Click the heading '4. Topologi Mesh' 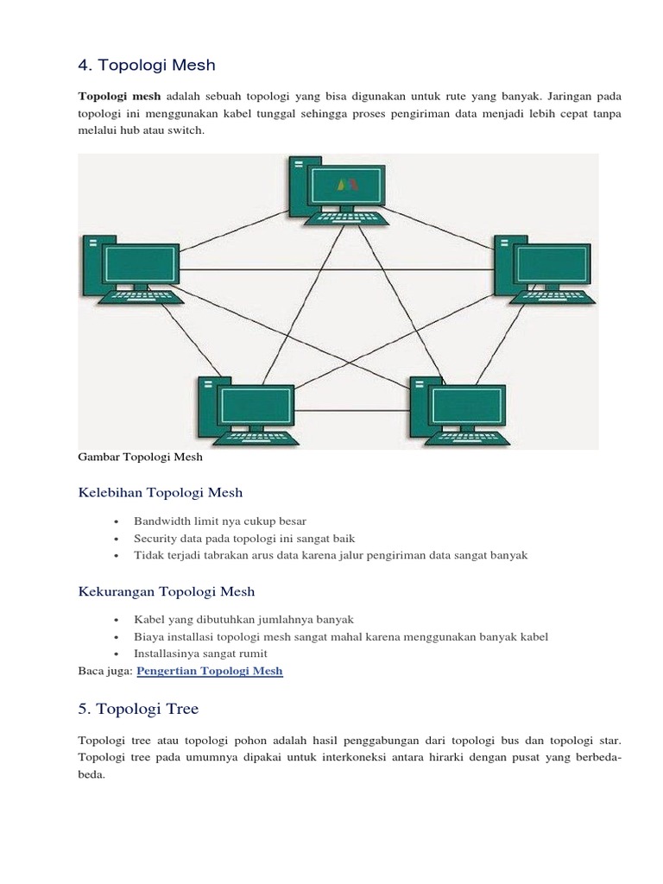[147, 65]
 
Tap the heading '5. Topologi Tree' [138, 709]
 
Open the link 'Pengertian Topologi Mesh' [210, 671]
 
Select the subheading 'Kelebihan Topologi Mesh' [160, 493]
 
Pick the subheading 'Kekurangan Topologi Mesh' [167, 591]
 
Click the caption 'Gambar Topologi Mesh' [140, 458]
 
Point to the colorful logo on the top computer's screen [347, 185]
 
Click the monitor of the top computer [347, 186]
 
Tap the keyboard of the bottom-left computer [256, 438]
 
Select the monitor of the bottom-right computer [465, 406]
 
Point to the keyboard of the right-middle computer [552, 297]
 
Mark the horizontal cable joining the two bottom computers [352, 410]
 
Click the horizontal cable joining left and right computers [337, 270]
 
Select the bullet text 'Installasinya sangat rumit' [200, 654]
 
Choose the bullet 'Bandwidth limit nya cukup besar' [220, 521]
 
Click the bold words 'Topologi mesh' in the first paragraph [119, 97]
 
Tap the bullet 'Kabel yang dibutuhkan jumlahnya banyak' [243, 620]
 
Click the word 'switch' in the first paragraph [186, 131]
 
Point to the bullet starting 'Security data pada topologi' [244, 539]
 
